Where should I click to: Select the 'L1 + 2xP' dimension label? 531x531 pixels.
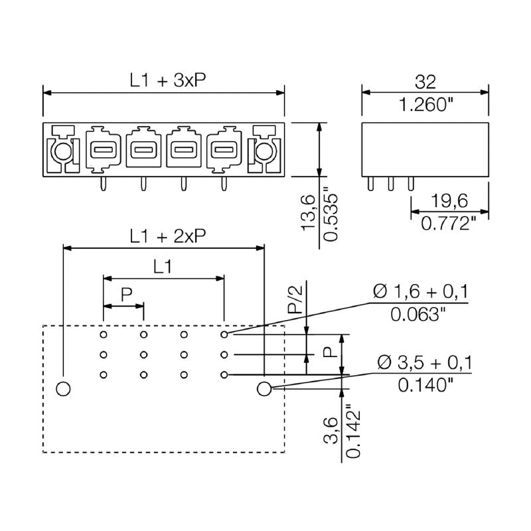coord(167,236)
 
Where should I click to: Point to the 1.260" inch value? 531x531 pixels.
coord(425,104)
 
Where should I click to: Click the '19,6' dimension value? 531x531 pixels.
coord(449,201)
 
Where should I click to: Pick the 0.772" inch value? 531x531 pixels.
coord(449,224)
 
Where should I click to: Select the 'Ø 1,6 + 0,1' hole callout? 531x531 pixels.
coord(420,291)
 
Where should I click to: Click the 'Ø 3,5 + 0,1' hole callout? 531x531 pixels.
coord(424,362)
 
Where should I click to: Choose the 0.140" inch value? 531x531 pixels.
coord(424,385)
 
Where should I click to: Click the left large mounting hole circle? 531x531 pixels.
coord(63,388)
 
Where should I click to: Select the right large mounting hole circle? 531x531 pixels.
coord(264,388)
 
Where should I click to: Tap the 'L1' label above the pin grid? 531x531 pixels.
coord(163,267)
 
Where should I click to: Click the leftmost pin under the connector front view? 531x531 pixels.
coord(102,184)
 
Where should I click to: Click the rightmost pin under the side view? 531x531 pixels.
coord(410,184)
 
